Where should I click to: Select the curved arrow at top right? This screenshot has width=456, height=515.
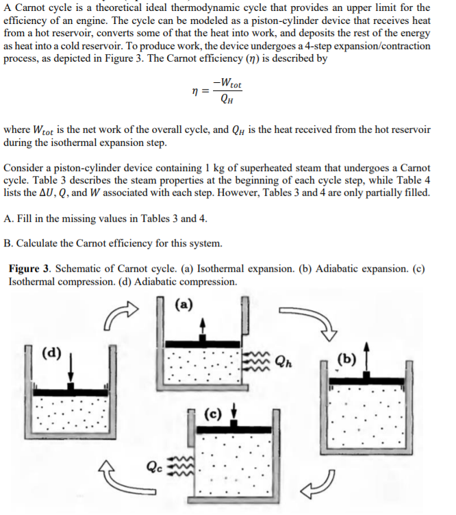pyautogui.click(x=320, y=329)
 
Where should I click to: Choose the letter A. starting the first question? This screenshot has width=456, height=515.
pyautogui.click(x=8, y=218)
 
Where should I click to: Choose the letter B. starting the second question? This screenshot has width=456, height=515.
pyautogui.click(x=8, y=243)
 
